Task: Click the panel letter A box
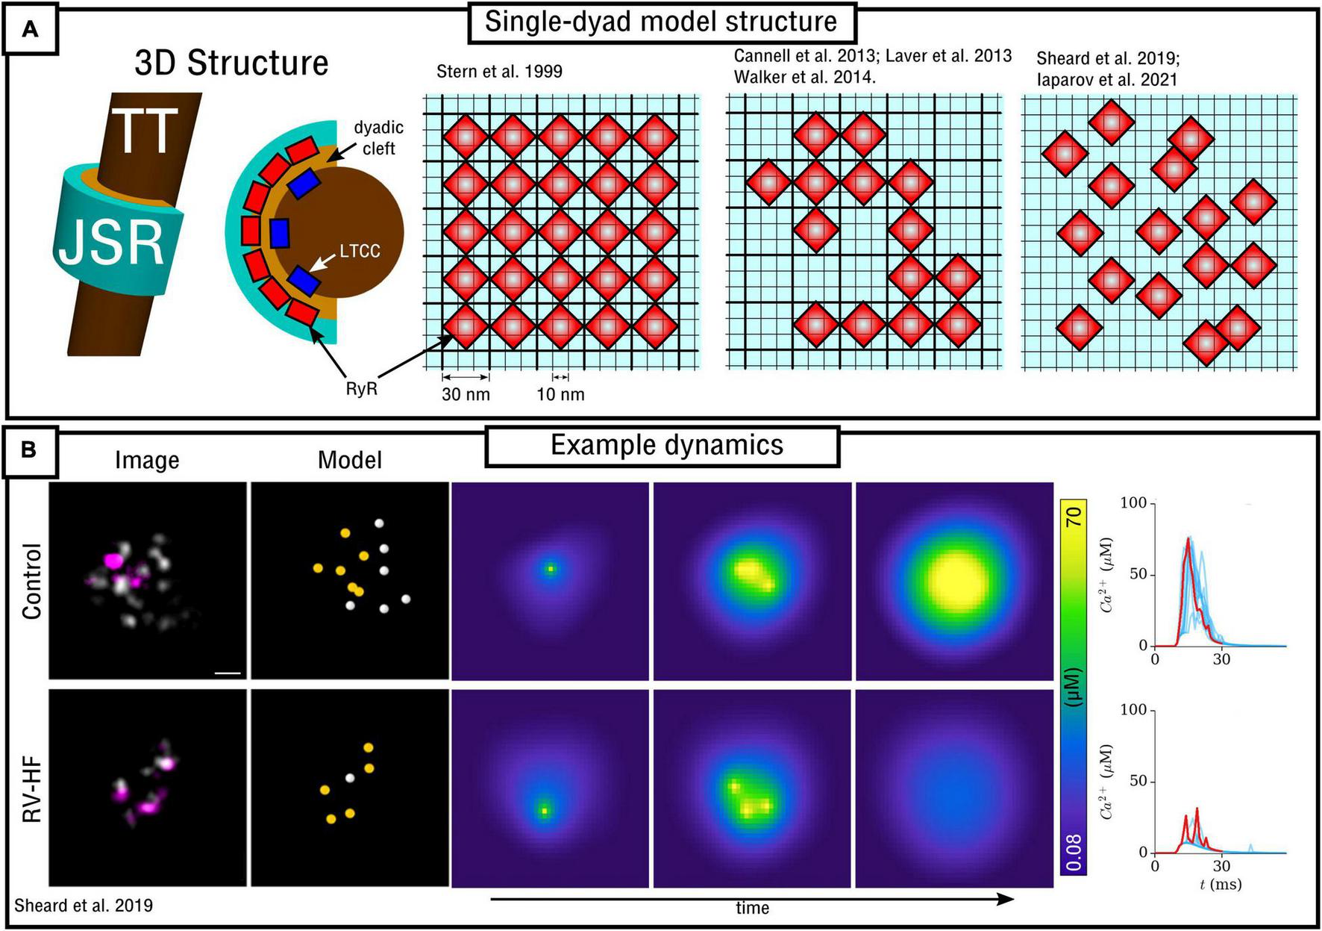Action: (30, 29)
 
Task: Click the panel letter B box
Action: (30, 450)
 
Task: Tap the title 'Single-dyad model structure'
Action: (660, 22)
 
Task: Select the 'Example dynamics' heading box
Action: (666, 445)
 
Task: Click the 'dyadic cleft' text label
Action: (378, 138)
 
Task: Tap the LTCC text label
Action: (360, 251)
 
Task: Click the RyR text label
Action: (361, 389)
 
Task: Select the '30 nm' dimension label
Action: (466, 394)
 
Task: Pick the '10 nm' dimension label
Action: (560, 394)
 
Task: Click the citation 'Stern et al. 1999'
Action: (499, 72)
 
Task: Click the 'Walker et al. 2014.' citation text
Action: (804, 76)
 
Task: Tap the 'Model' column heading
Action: (349, 460)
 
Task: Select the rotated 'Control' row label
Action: (31, 581)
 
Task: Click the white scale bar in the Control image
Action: (228, 673)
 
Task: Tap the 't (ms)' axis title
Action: (1221, 885)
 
